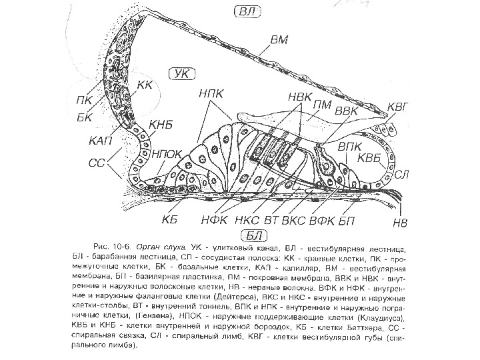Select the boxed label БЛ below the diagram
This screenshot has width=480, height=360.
pyautogui.click(x=252, y=233)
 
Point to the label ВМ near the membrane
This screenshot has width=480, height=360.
pyautogui.click(x=279, y=40)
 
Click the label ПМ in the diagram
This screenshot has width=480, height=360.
pyautogui.click(x=323, y=103)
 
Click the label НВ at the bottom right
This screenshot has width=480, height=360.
pyautogui.click(x=400, y=221)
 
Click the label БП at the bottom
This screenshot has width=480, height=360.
pyautogui.click(x=347, y=219)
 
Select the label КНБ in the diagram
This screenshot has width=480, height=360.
pyautogui.click(x=160, y=124)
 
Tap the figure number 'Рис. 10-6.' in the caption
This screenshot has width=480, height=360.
pyautogui.click(x=113, y=246)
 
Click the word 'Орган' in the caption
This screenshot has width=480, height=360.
pyautogui.click(x=149, y=246)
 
